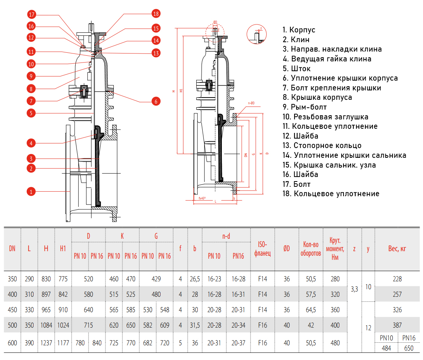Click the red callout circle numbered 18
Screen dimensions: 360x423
pos(156,14)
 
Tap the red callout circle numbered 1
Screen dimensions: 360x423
pos(31,192)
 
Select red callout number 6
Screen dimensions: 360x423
pos(156,101)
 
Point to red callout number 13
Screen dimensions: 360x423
pos(156,53)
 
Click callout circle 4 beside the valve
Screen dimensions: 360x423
pos(31,143)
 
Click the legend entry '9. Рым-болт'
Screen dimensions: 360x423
pos(305,107)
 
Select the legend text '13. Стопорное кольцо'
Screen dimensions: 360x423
pos(322,145)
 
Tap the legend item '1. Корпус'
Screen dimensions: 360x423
pos(299,30)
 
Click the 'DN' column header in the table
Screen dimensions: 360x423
pos(12,248)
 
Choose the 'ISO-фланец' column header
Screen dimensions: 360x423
pos(262,249)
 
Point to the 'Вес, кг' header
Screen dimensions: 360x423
pos(397,249)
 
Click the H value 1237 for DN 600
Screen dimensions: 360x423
pos(46,343)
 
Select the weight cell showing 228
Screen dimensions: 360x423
pos(397,279)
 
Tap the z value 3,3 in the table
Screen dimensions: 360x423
pos(354,289)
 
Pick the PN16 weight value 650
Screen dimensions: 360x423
pos(408,348)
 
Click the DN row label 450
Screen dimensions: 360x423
pos(12,310)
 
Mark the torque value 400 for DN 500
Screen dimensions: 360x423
pos(335,325)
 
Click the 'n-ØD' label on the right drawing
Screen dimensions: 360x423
pos(251,103)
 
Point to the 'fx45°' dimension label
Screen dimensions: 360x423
pos(202,197)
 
